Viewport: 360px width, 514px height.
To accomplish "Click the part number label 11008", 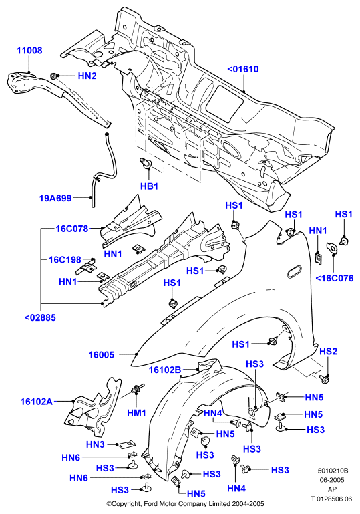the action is (29, 51).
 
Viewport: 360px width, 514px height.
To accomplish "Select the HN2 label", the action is (87, 76).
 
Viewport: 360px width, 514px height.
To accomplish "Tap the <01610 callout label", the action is (242, 69).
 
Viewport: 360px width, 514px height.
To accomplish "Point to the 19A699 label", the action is (55, 198).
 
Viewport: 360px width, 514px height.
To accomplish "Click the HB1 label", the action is (149, 186).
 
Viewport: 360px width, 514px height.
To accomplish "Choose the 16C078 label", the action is (72, 229).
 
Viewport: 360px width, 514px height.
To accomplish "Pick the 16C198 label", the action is (65, 260).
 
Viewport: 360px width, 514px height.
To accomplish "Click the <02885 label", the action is (40, 317).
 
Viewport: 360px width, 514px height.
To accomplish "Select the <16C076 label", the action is (335, 278).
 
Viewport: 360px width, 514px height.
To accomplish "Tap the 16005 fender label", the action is (102, 354).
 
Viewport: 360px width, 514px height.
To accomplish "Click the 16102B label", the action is (165, 370).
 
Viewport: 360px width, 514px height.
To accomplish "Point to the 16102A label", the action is (37, 401).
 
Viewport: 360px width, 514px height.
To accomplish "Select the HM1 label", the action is (137, 413).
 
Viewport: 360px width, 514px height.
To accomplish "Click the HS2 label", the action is (328, 352).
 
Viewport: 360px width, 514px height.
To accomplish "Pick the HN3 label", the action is (96, 444).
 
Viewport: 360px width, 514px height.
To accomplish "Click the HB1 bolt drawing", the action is (146, 162).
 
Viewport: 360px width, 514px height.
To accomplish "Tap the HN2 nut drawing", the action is (53, 76).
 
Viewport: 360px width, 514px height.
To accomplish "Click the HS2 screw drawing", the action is (325, 378).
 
